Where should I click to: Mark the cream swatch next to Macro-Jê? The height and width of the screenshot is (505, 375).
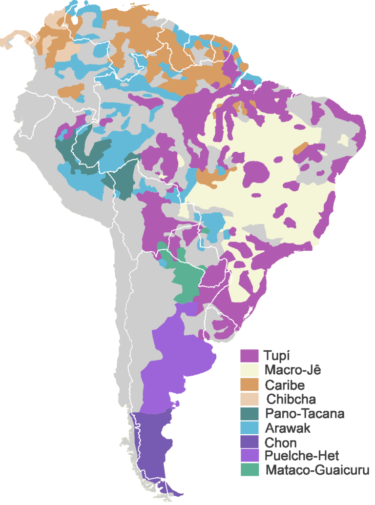pyautogui.click(x=249, y=370)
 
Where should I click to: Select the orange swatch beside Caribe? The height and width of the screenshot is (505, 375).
pyautogui.click(x=249, y=384)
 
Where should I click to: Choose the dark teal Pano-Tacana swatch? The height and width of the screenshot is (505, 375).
pyautogui.click(x=249, y=413)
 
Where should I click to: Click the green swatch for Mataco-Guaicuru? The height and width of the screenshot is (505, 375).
pyautogui.click(x=249, y=470)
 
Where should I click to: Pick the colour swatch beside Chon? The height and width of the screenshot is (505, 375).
pyautogui.click(x=249, y=442)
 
